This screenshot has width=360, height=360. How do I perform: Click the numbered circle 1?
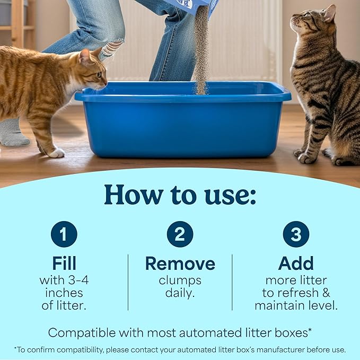(x=64, y=234)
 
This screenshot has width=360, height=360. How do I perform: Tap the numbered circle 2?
(x=180, y=234)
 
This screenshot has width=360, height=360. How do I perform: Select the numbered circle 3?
(x=296, y=234)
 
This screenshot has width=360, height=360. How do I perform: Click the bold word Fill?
(x=64, y=264)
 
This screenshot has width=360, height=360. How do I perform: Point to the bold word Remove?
(x=180, y=264)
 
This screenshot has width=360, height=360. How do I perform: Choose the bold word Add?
(x=296, y=264)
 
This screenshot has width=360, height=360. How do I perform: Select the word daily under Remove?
(x=180, y=292)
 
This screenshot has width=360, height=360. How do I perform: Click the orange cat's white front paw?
(x=56, y=153)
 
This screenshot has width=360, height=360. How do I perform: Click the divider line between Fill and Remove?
(x=128, y=282)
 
